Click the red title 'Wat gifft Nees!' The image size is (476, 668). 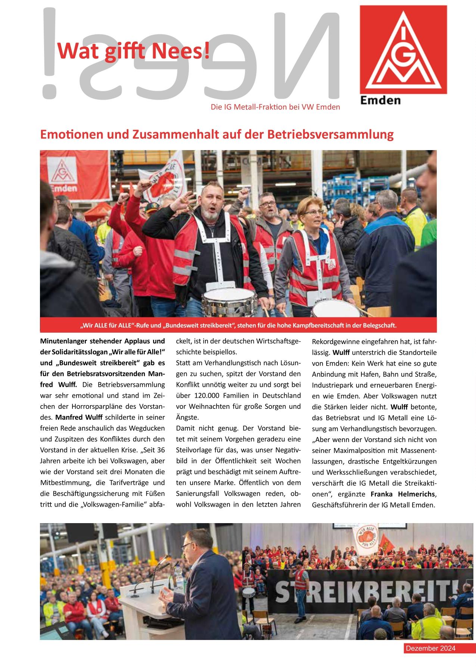pyautogui.click(x=133, y=51)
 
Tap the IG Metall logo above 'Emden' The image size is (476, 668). pyautogui.click(x=403, y=49)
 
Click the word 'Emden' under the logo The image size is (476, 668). pyautogui.click(x=380, y=100)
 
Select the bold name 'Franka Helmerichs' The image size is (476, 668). pyautogui.click(x=403, y=494)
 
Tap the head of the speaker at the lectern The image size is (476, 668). pyautogui.click(x=200, y=538)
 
